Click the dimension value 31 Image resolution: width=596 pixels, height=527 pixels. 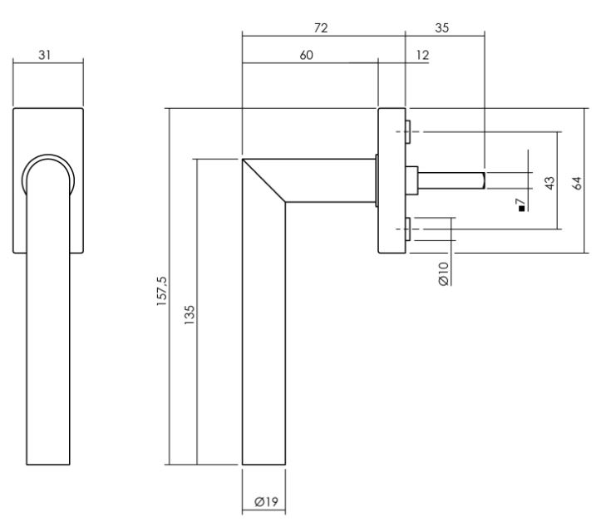tap(47, 54)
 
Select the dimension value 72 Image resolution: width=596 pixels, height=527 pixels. tap(321, 27)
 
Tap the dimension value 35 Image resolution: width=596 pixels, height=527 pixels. tap(441, 27)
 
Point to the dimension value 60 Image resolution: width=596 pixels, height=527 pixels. tap(306, 54)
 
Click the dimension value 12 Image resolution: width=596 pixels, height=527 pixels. tap(423, 54)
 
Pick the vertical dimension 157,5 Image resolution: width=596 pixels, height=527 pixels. tap(162, 293)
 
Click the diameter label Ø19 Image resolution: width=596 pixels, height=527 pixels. tap(264, 502)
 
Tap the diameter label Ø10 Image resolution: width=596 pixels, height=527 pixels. tap(444, 273)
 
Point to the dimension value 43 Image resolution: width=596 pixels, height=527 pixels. tap(549, 183)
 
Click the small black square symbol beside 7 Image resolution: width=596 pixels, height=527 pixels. tap(521, 208)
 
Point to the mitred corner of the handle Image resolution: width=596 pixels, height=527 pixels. tap(264, 179)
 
